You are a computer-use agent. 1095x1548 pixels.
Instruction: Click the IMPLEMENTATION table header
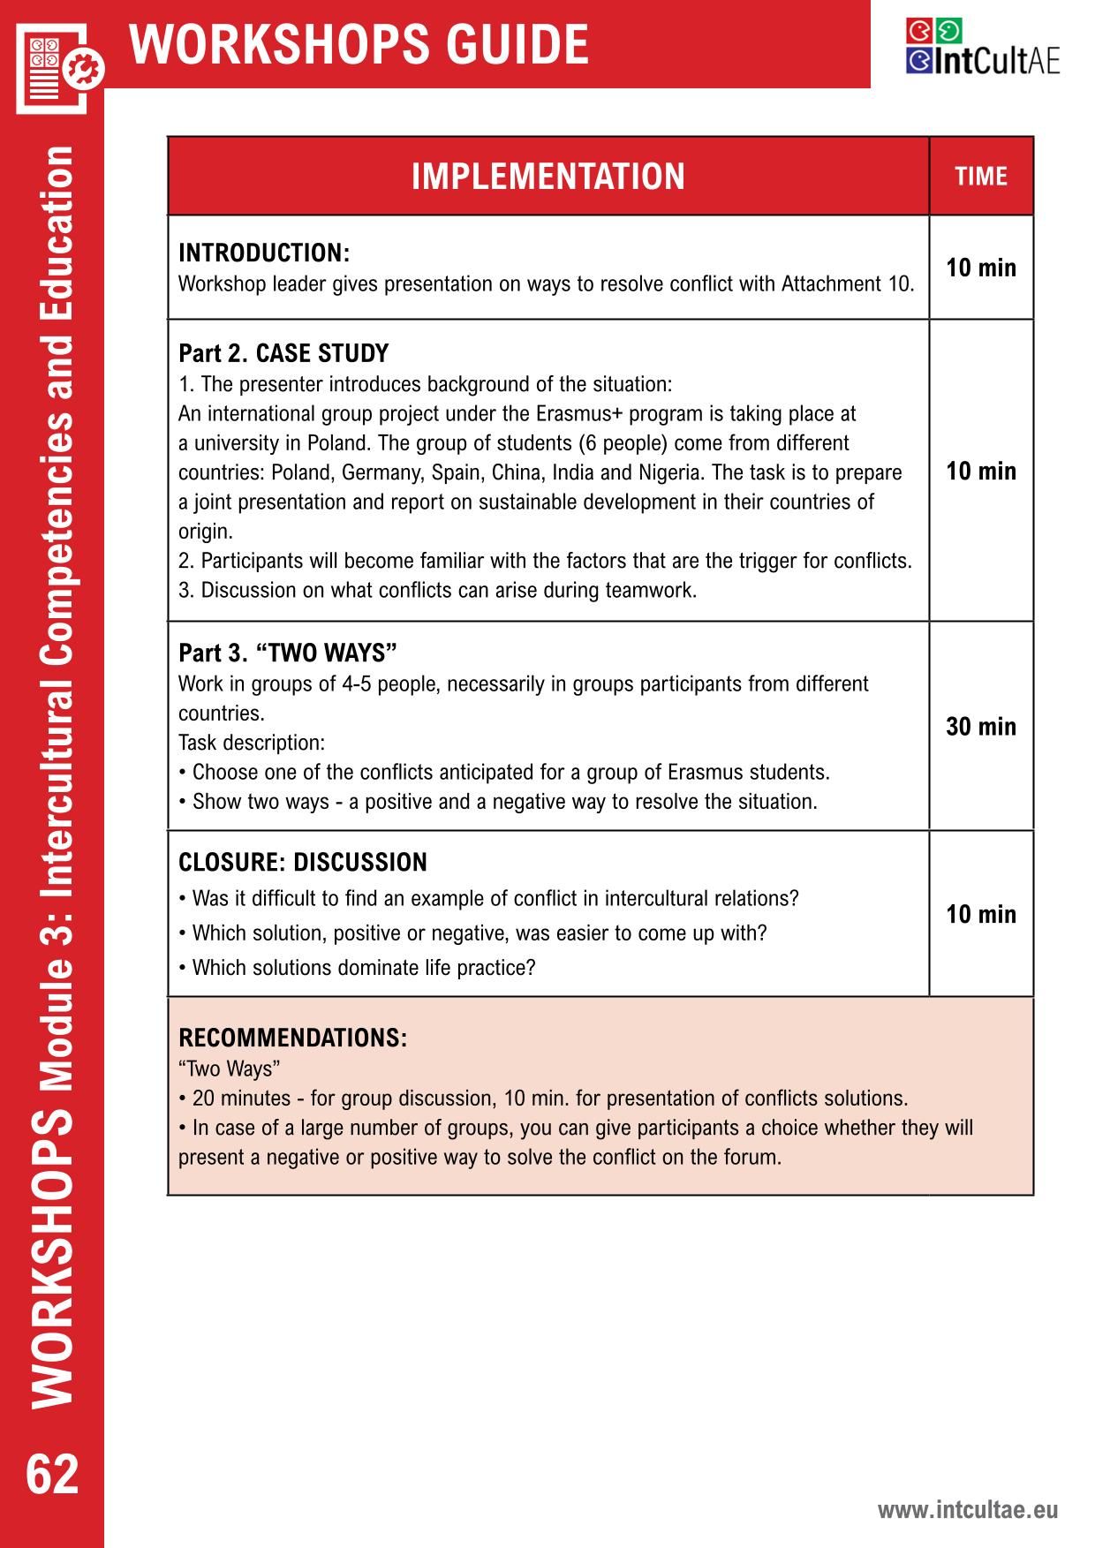click(547, 177)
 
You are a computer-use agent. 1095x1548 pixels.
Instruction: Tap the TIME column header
click(980, 177)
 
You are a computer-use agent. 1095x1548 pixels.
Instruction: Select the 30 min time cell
click(980, 727)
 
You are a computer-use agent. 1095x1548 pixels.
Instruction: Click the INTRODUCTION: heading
click(264, 253)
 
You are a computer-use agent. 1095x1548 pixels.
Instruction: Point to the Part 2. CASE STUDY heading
click(283, 353)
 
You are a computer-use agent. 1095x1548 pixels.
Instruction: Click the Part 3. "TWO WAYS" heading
click(288, 653)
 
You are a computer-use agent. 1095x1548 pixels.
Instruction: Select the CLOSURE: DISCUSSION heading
click(303, 863)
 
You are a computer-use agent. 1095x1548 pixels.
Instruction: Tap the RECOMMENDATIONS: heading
click(293, 1038)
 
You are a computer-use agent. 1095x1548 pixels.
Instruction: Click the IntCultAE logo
click(982, 48)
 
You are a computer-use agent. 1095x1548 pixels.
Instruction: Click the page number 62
click(53, 1474)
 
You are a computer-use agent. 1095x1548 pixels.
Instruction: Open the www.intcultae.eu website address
click(967, 1510)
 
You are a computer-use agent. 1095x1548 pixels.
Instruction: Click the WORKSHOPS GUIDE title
click(359, 44)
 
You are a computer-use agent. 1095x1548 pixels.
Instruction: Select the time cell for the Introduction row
click(980, 268)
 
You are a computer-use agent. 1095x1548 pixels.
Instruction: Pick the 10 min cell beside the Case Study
click(980, 471)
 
